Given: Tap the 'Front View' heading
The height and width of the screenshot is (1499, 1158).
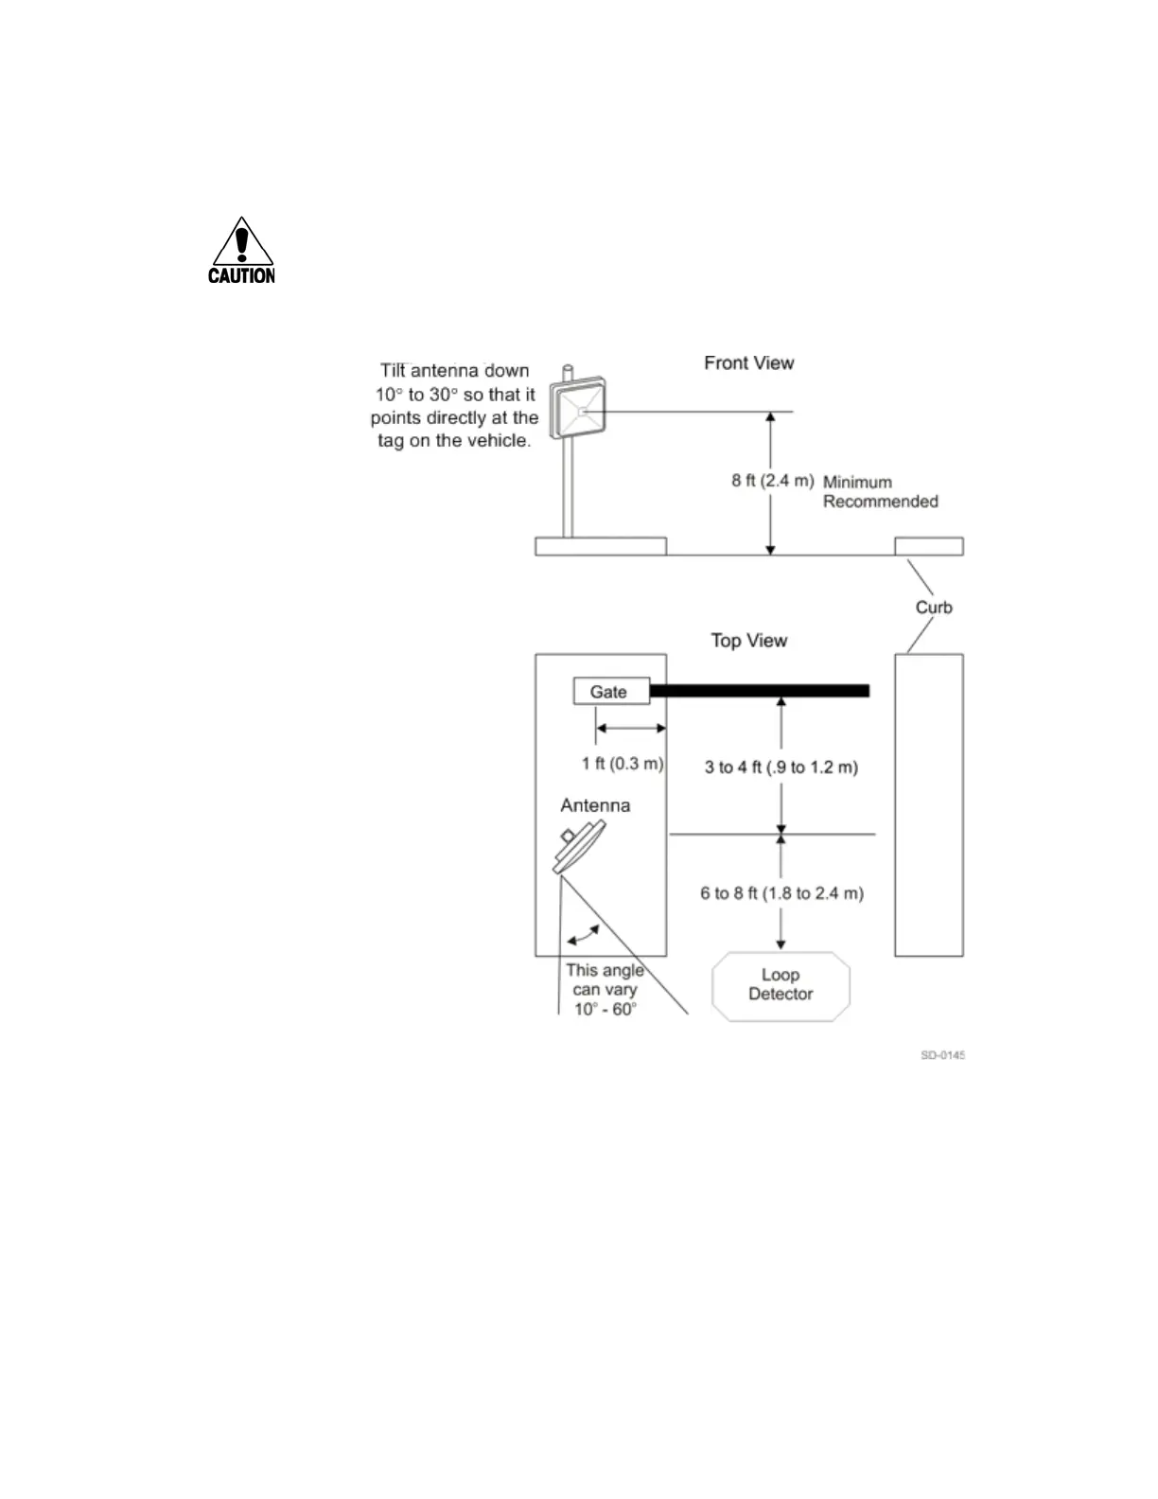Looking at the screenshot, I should click(748, 363).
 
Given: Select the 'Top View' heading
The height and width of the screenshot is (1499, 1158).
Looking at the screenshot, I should click(748, 641).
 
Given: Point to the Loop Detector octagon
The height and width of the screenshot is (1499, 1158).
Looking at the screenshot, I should click(781, 985).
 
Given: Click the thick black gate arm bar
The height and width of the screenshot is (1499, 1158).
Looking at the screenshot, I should click(759, 691).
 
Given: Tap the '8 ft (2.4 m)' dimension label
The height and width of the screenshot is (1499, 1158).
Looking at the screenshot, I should click(772, 481).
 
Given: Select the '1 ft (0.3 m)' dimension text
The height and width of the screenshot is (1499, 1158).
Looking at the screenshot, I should click(622, 764).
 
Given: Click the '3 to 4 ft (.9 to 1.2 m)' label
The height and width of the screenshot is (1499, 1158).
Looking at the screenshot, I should click(781, 767).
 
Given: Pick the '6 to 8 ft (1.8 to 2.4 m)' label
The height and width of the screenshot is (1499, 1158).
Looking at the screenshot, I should click(781, 893).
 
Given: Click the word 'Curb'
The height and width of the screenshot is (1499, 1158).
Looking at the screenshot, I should click(933, 608).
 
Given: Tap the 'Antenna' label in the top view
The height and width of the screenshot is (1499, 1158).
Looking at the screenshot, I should click(595, 805).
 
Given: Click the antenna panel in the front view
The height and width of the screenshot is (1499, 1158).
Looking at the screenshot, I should click(581, 410).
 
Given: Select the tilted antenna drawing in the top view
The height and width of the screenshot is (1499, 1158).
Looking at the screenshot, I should click(579, 847).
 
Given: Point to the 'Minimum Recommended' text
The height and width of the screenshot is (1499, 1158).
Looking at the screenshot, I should click(880, 492).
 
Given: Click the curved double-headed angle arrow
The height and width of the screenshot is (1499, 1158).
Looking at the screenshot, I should click(583, 935).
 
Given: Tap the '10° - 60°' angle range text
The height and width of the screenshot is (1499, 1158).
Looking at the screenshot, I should click(605, 1010).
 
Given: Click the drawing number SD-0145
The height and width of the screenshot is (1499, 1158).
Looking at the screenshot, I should click(942, 1055).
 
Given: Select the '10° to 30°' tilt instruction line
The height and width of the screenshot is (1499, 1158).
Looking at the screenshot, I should click(455, 395).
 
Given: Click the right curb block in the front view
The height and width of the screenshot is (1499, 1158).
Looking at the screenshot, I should click(929, 546).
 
